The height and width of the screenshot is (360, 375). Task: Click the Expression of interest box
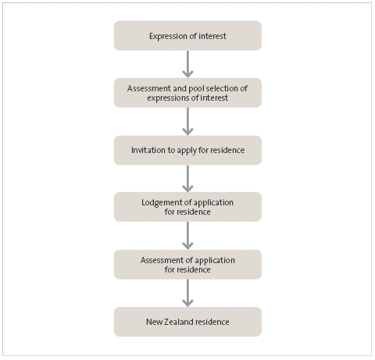click(x=187, y=36)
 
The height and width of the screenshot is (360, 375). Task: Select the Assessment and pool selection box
click(x=187, y=93)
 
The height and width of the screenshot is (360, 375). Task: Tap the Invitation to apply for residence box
click(x=187, y=150)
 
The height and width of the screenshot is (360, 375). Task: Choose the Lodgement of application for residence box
click(x=187, y=207)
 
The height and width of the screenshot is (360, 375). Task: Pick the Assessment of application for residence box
click(x=187, y=265)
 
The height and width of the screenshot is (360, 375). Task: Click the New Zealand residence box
click(x=187, y=322)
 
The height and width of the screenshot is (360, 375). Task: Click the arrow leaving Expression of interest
click(x=187, y=64)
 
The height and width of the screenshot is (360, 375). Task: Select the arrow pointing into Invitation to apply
click(x=187, y=122)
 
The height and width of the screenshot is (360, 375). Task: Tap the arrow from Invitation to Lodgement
click(x=187, y=179)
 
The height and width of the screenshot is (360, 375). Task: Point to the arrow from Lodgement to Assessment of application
click(x=187, y=236)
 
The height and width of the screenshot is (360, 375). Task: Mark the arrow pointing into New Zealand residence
click(x=187, y=294)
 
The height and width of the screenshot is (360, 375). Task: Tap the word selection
click(x=223, y=88)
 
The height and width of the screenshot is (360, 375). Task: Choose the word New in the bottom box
click(x=155, y=322)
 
